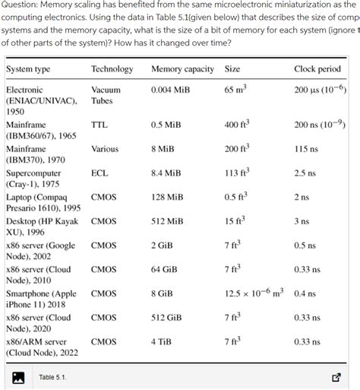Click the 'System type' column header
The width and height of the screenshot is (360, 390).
click(28, 69)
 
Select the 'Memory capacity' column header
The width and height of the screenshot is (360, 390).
click(182, 69)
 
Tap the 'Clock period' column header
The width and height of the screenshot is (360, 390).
click(317, 69)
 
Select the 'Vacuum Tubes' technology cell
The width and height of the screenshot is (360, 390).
click(106, 95)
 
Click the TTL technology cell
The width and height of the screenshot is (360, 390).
click(99, 124)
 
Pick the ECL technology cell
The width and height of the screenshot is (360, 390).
click(99, 173)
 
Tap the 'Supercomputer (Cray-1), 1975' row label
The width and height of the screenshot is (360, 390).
click(34, 179)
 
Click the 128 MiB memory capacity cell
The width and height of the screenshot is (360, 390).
click(169, 198)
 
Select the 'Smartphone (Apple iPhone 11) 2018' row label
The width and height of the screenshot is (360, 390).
click(41, 299)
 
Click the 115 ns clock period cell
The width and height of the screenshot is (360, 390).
click(307, 150)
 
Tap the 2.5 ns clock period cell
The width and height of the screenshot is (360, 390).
click(306, 173)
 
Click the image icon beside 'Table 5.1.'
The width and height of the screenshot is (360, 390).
click(19, 376)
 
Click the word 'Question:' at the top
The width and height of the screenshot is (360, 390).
click(21, 5)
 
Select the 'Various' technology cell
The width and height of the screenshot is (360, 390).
click(105, 150)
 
